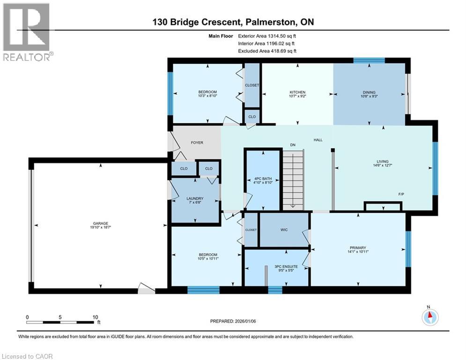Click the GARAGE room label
pyautogui.click(x=100, y=223)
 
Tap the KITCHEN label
pyautogui.click(x=297, y=92)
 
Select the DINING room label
pyautogui.click(x=369, y=92)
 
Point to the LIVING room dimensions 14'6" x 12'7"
pyautogui.click(x=383, y=165)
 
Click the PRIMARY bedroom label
pyautogui.click(x=358, y=247)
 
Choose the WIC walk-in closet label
pyautogui.click(x=284, y=230)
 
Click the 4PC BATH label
pyautogui.click(x=263, y=179)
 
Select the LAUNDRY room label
pyautogui.click(x=195, y=198)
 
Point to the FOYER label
pyautogui.click(x=197, y=142)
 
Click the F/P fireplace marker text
pyautogui.click(x=401, y=194)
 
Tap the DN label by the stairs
pyautogui.click(x=293, y=145)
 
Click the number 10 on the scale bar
pyautogui.click(x=95, y=317)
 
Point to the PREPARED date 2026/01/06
pyautogui.click(x=245, y=321)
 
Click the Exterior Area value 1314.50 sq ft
pyautogui.click(x=282, y=36)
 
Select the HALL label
pyautogui.click(x=318, y=140)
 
